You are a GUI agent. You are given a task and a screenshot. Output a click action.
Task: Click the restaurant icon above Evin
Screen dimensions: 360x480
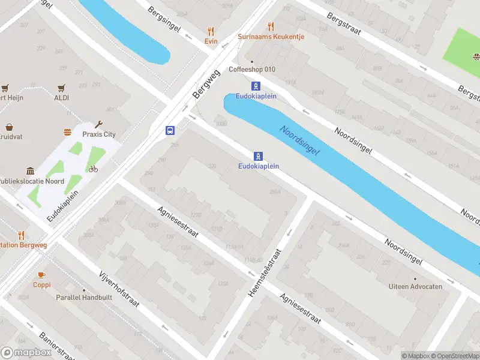[x=210, y=31]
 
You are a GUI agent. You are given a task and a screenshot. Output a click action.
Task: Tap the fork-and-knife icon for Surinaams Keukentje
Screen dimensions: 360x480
[x=271, y=26]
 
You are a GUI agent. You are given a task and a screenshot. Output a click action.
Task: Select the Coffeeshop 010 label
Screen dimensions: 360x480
[x=252, y=69]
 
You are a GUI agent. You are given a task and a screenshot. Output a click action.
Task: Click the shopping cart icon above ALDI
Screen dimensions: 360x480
[x=62, y=88]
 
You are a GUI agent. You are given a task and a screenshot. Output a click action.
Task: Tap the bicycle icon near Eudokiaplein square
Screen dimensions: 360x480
[x=92, y=169]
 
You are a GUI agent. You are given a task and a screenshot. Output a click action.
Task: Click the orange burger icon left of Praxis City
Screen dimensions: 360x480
[x=67, y=132]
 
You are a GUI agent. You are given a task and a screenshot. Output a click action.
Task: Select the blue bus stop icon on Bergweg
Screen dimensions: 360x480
[x=170, y=130]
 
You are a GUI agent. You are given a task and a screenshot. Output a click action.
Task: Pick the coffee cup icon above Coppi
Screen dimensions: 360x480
[x=41, y=275]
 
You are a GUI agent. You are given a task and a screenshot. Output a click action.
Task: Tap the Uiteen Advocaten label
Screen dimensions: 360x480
[x=415, y=286]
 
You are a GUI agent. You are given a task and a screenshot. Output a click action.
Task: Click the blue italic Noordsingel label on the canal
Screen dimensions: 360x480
[x=299, y=142]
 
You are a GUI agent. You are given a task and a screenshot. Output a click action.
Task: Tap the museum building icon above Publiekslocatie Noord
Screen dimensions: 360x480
[x=30, y=171]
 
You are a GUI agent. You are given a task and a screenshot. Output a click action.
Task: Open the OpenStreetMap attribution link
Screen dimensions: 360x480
[x=454, y=356]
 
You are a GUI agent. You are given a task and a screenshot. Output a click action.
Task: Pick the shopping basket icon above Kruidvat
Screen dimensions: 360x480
[x=10, y=127]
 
